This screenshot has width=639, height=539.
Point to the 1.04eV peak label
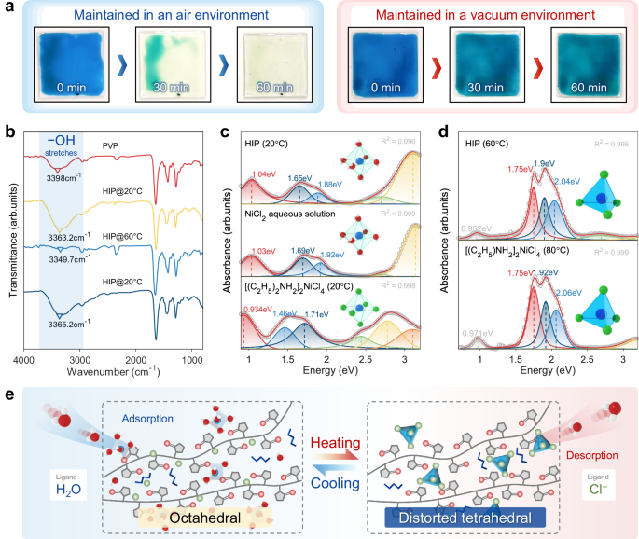click(261, 174)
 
